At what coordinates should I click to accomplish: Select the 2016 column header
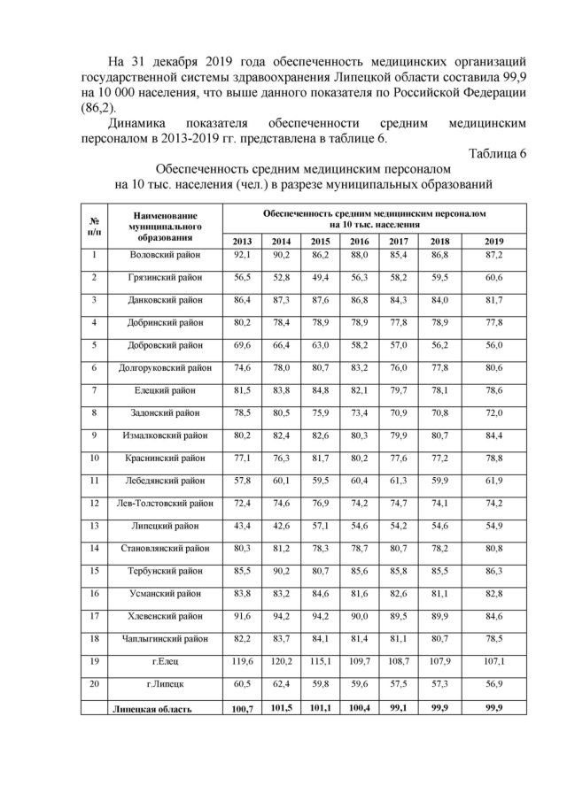tap(359, 242)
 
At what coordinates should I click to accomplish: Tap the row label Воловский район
tap(166, 255)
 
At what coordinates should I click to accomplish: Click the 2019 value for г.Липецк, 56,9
tap(494, 684)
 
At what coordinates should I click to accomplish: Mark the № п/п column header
tap(94, 225)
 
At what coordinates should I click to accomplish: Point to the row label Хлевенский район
tap(166, 616)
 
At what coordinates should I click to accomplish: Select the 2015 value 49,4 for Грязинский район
tap(320, 277)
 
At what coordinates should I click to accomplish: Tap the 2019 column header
tap(494, 242)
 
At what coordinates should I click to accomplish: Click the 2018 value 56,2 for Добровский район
tap(439, 345)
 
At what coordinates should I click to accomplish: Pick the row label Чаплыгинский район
tap(166, 638)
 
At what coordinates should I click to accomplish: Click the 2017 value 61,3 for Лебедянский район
tap(399, 481)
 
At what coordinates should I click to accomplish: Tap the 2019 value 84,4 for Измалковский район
tap(494, 435)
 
